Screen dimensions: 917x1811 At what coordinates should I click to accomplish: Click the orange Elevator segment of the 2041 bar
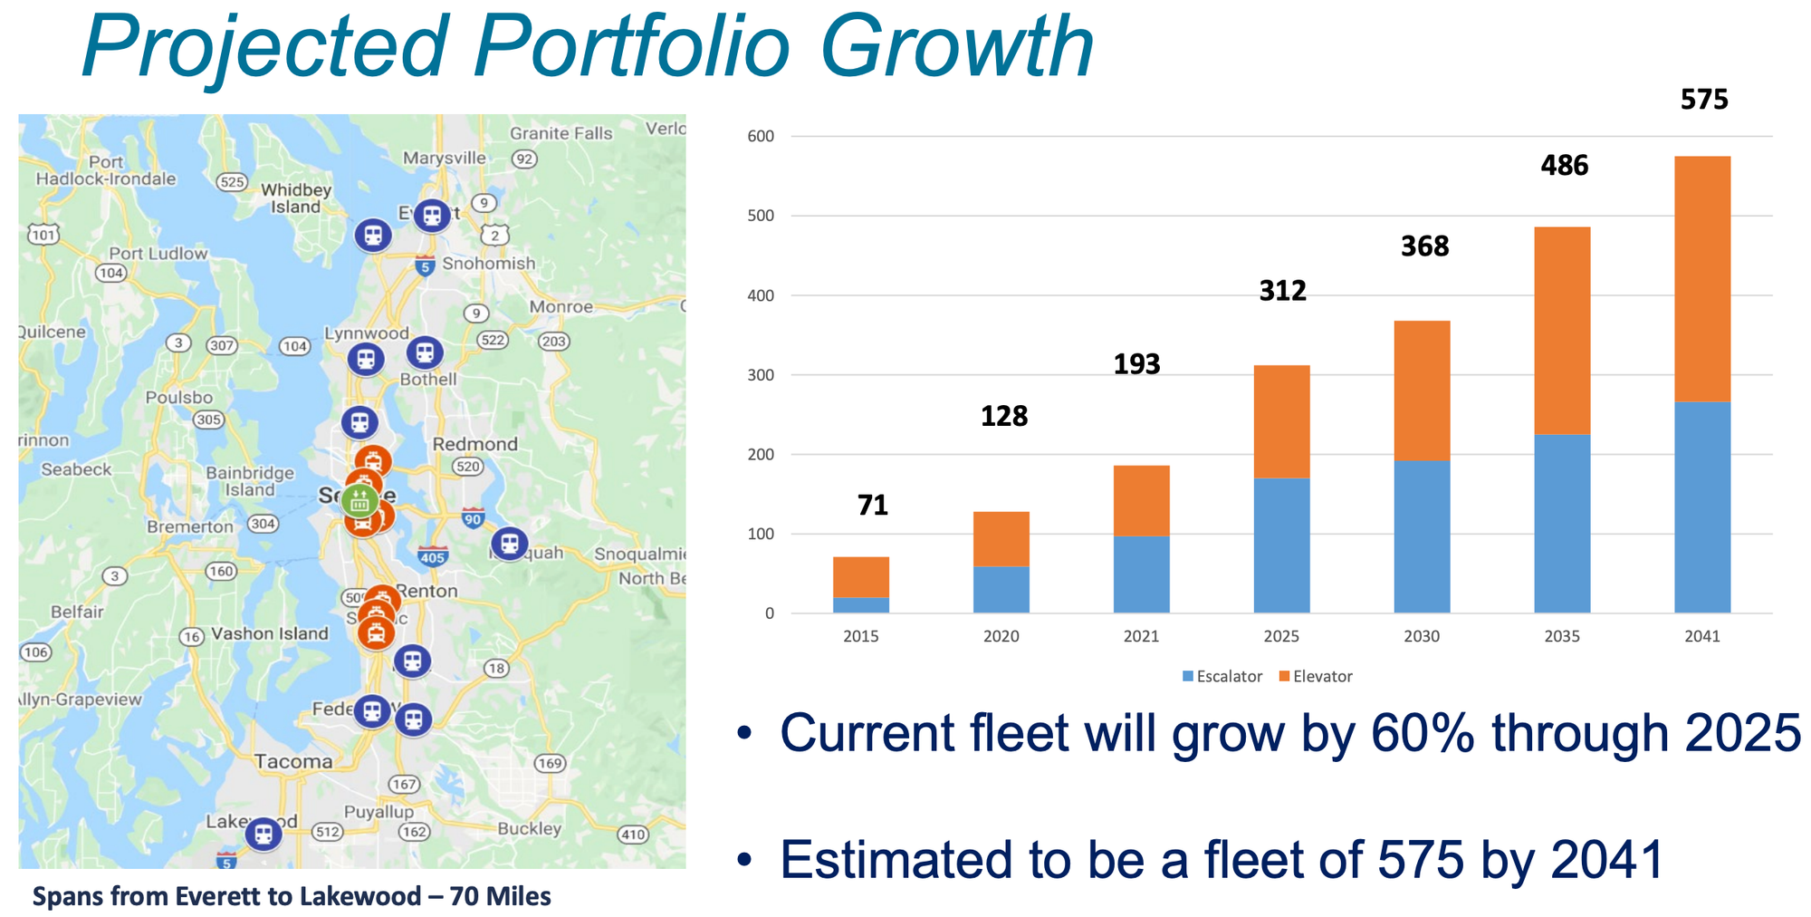[1702, 278]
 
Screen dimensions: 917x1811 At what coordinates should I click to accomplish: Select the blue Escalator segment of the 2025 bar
[1281, 545]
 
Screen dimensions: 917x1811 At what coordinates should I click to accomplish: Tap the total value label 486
[1565, 166]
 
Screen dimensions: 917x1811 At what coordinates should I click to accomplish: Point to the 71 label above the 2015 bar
[873, 506]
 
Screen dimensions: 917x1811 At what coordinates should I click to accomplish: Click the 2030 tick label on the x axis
[1422, 637]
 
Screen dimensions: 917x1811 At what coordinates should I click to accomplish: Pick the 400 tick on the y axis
[761, 295]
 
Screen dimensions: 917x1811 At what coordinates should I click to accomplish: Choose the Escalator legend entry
[1222, 677]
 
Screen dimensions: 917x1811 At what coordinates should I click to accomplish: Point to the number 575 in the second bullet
[1421, 860]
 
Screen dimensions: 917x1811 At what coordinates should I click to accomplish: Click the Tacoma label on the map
[292, 761]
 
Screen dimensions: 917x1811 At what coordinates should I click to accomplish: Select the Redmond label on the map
[474, 444]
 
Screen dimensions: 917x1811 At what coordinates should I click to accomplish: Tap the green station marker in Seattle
[360, 500]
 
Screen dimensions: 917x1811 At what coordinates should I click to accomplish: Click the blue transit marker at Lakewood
[263, 833]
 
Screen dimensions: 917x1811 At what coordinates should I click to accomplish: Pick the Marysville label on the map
[444, 158]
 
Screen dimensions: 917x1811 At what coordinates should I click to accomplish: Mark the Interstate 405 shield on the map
[432, 555]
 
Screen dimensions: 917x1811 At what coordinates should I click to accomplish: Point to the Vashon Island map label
[270, 633]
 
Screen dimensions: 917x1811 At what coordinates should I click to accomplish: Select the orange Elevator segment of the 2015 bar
[860, 577]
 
